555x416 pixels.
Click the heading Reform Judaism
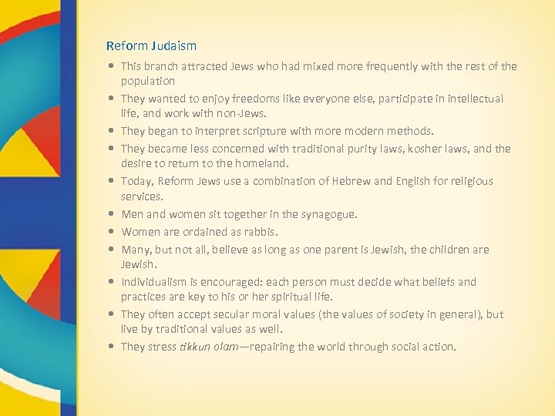point(151,46)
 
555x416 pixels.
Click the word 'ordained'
point(206,232)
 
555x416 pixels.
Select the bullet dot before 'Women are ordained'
point(113,232)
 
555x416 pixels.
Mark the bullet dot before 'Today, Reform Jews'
point(113,181)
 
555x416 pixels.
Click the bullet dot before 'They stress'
point(113,347)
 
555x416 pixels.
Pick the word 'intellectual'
point(474,99)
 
